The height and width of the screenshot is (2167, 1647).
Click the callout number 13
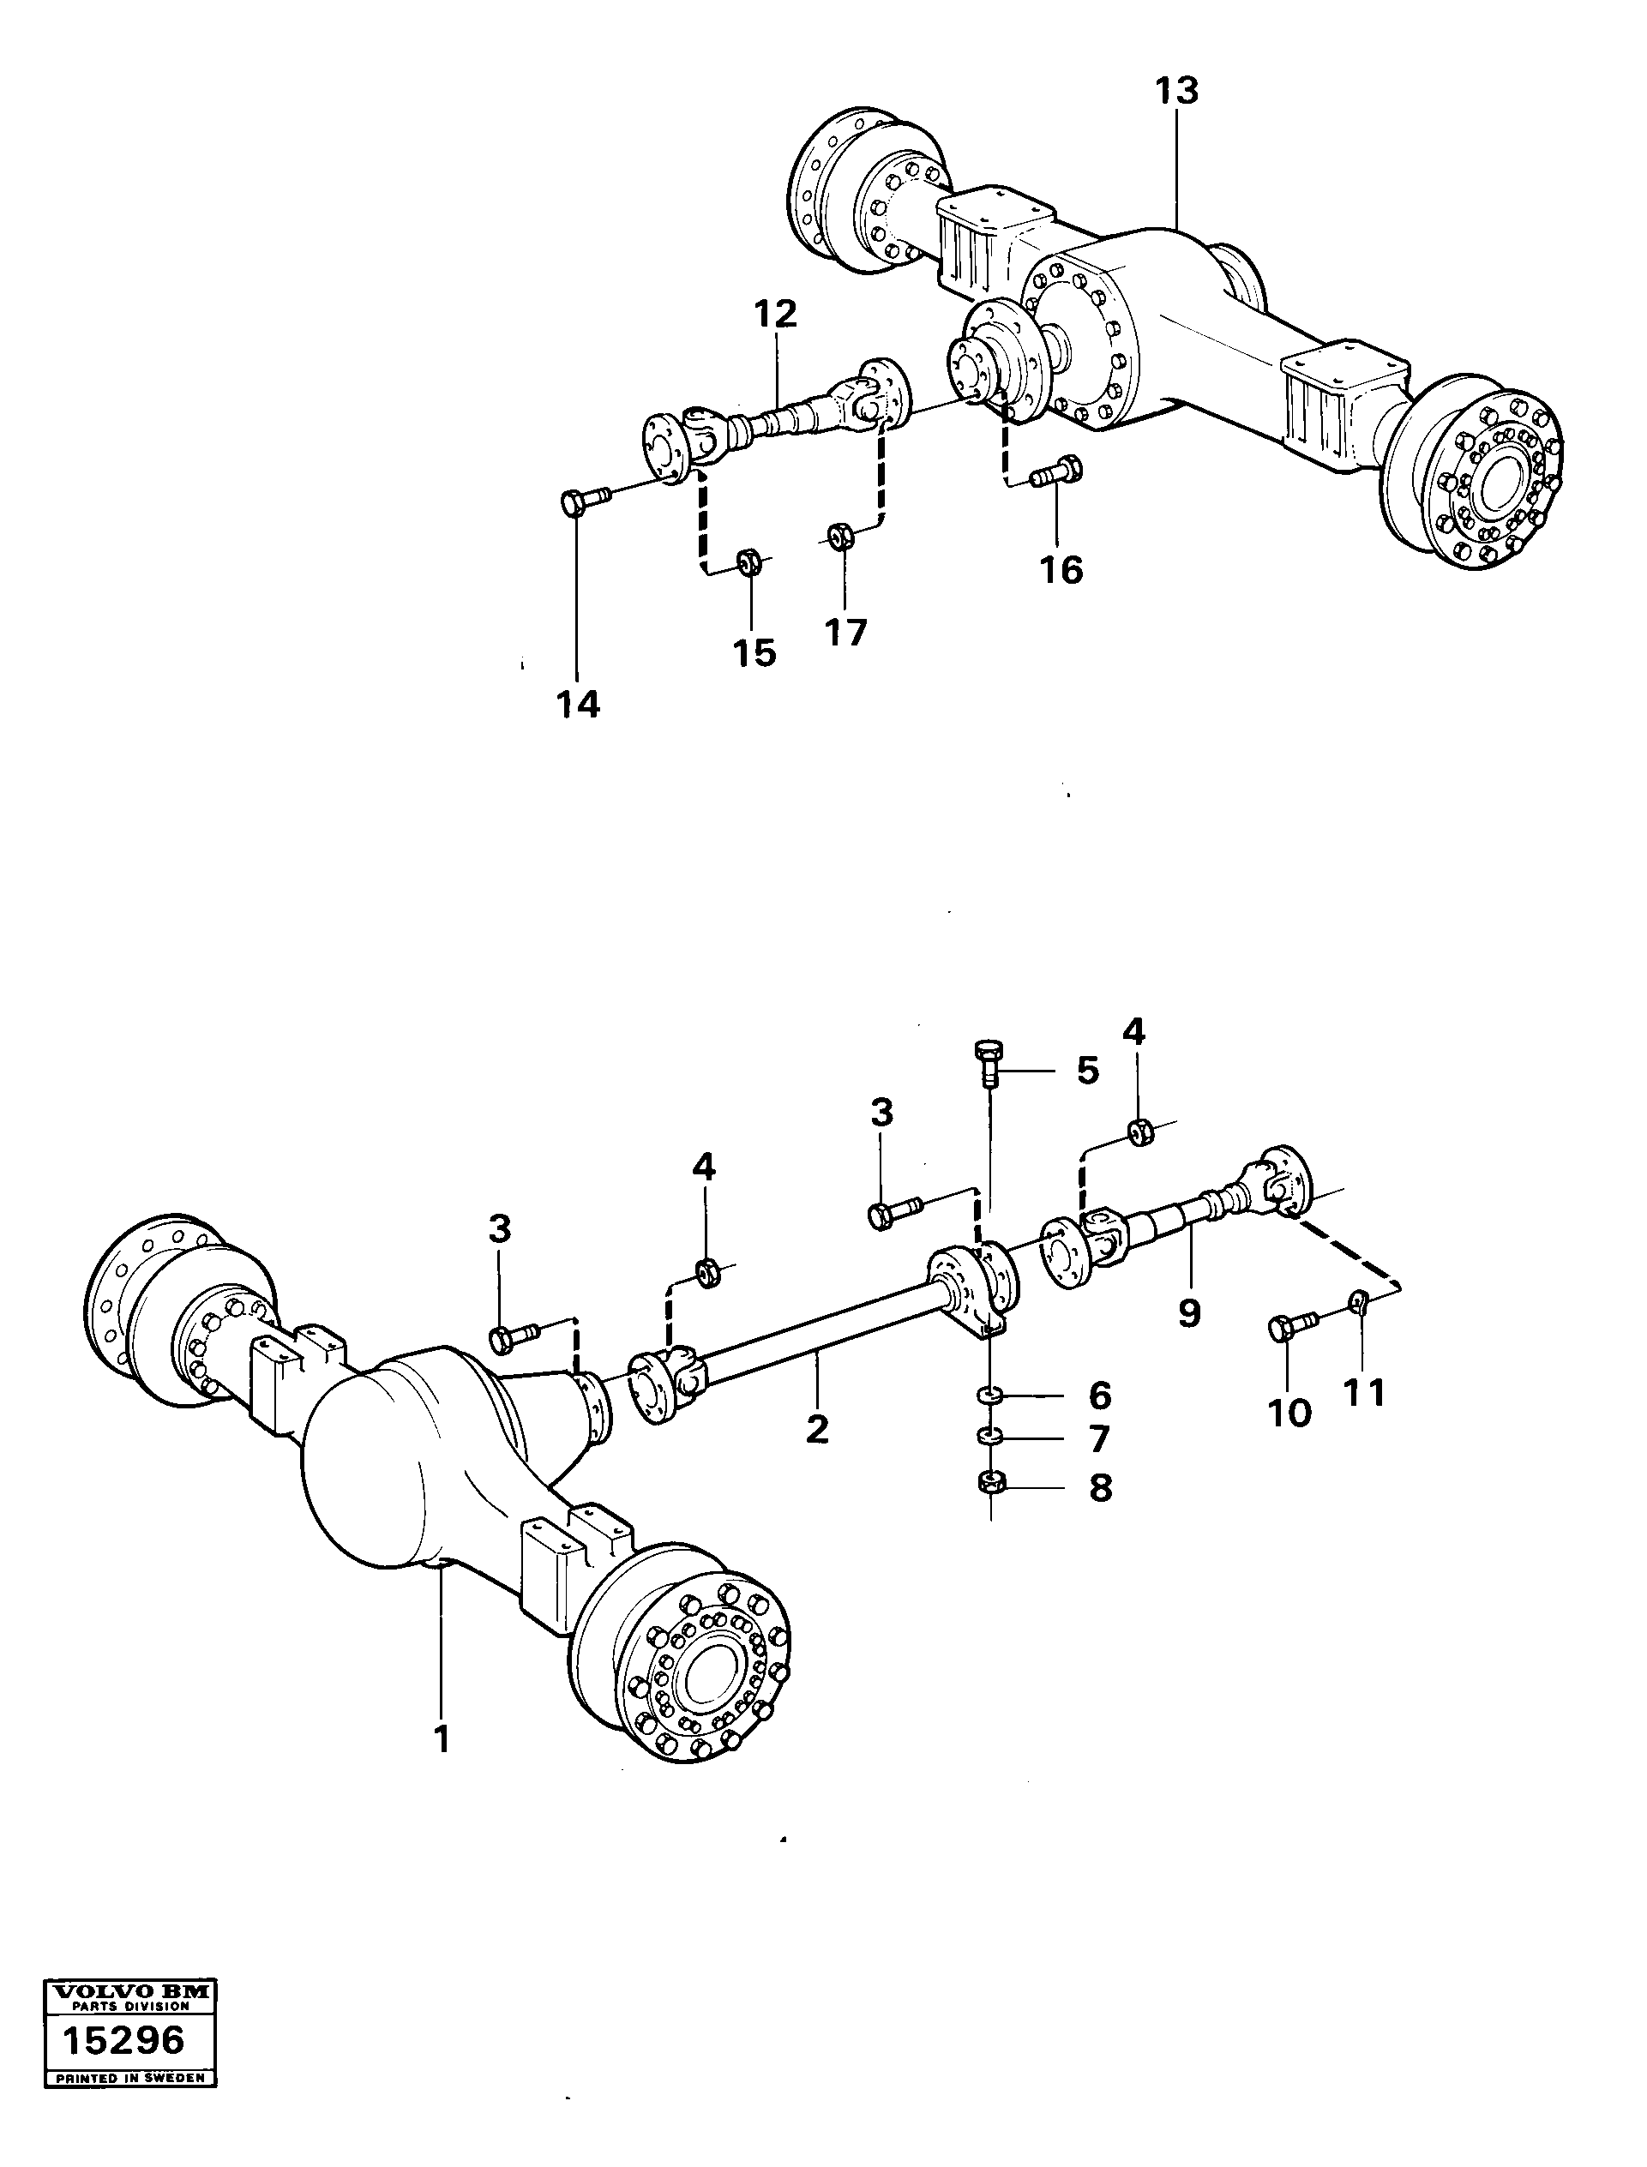[x=1175, y=91]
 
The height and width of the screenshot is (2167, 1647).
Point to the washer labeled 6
[x=990, y=1395]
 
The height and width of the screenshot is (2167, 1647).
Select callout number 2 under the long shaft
[x=816, y=1429]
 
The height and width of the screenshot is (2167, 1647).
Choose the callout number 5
[x=1087, y=1071]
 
